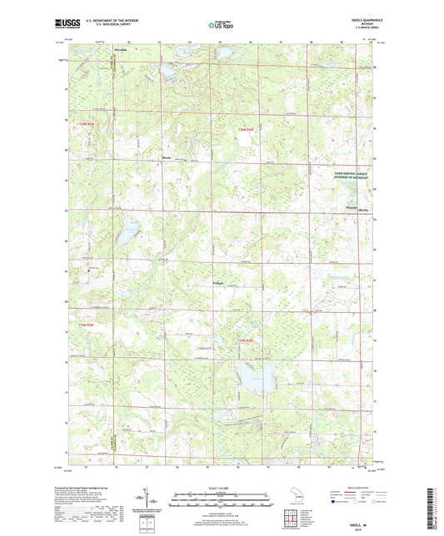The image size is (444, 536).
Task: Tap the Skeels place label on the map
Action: [364, 210]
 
